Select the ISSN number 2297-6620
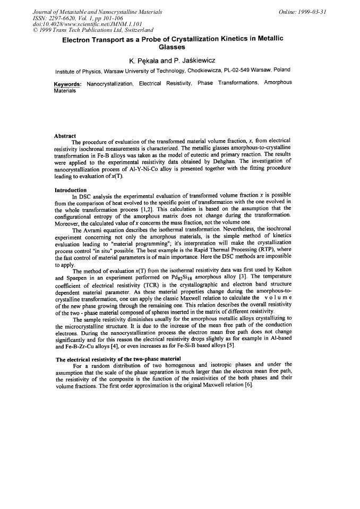coord(62,18)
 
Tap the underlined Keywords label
coord(68,84)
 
